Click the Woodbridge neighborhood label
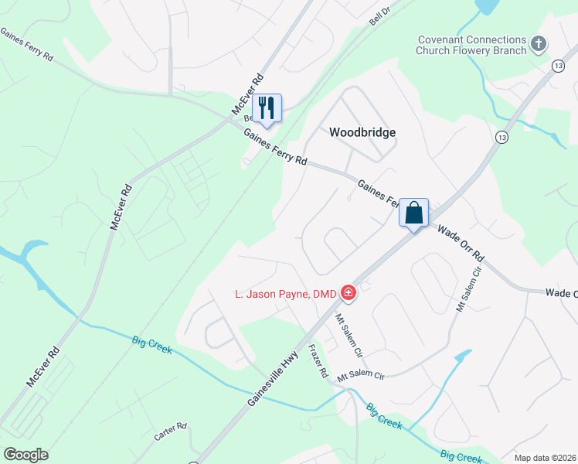click(x=362, y=132)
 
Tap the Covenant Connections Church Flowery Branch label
click(x=471, y=45)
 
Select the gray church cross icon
click(x=539, y=43)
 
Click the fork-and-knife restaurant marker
click(x=267, y=107)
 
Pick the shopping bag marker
click(x=413, y=213)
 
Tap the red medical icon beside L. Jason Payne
click(x=348, y=292)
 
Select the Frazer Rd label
click(x=318, y=361)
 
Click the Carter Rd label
click(x=171, y=432)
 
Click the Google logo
click(x=25, y=455)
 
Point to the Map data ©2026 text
click(x=545, y=458)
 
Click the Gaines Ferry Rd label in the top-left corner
click(x=27, y=46)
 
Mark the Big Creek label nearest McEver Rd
click(x=151, y=345)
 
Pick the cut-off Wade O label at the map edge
click(x=561, y=293)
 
